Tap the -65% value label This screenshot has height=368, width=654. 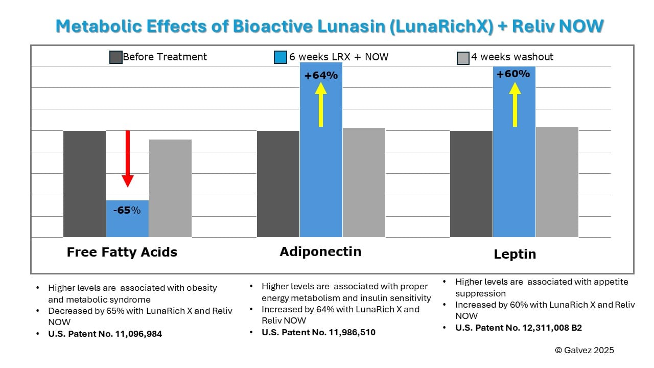127,210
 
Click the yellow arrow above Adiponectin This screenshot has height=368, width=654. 321,104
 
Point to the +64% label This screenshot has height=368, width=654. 321,76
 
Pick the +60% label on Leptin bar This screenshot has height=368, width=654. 513,74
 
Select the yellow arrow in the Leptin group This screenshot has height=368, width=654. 515,104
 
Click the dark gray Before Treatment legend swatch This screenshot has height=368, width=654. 116,57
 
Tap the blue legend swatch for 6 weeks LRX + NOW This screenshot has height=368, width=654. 280,57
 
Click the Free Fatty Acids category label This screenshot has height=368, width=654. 122,252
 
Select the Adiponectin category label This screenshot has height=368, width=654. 320,251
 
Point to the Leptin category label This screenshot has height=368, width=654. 515,254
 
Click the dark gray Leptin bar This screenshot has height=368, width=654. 471,184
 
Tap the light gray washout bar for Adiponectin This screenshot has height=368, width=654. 364,182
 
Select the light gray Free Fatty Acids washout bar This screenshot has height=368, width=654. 170,188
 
